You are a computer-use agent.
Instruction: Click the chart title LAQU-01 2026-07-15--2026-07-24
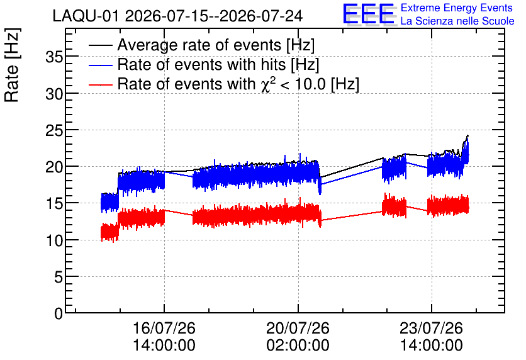point(177,16)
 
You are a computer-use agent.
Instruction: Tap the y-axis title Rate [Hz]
point(12,65)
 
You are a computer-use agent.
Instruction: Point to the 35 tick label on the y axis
point(54,57)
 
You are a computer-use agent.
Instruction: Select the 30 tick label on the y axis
point(54,94)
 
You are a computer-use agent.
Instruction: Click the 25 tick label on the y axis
point(54,130)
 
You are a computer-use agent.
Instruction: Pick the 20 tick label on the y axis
point(54,167)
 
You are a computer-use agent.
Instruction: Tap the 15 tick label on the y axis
point(54,204)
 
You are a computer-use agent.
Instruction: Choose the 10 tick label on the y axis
point(54,240)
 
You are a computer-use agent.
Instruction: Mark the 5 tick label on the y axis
point(59,277)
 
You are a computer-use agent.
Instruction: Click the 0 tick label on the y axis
point(59,313)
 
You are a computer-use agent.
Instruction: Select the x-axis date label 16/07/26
point(164,328)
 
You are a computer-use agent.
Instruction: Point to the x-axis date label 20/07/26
point(298,328)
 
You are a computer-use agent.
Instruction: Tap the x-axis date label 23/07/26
point(432,328)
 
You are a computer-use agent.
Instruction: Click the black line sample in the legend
point(101,45)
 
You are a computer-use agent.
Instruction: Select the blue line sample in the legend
point(101,65)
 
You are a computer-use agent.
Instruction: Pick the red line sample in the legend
point(101,84)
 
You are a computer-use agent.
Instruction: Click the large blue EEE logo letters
point(369,14)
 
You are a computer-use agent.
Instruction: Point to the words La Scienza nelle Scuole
point(457,21)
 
